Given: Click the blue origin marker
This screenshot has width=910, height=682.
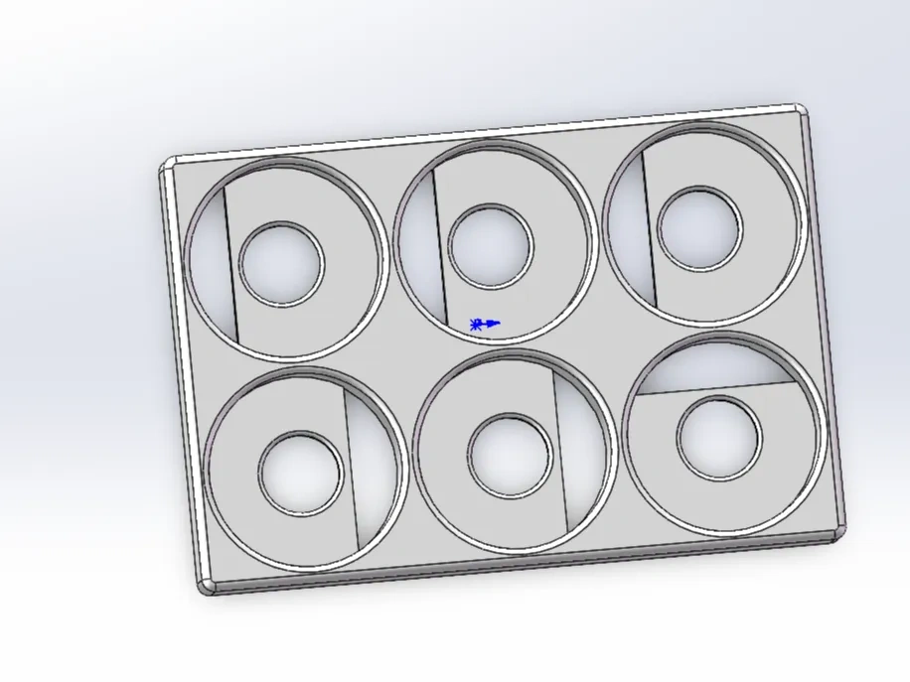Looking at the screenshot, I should click(x=485, y=324).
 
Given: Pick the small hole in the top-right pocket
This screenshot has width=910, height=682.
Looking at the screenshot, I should click(x=699, y=227).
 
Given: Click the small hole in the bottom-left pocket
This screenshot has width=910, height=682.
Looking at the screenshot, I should click(x=302, y=473).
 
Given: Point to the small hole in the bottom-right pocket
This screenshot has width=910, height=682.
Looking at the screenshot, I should click(x=719, y=436).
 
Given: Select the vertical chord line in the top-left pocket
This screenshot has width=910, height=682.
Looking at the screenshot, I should click(x=230, y=263).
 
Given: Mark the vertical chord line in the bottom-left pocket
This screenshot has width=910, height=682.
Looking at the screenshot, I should click(x=351, y=467).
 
